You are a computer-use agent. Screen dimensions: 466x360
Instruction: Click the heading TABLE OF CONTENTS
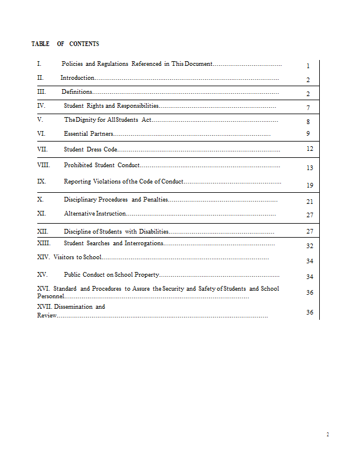point(65,44)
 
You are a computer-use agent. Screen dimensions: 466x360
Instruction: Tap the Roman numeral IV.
point(41,106)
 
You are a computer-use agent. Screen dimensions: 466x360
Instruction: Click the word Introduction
point(77,77)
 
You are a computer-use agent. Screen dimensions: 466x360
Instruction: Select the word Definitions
point(77,91)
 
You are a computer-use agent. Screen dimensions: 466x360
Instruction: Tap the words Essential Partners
point(89,134)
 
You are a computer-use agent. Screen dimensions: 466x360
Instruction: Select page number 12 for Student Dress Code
point(309,149)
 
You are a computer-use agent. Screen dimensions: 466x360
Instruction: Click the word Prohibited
point(78,165)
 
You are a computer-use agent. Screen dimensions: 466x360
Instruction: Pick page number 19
point(309,185)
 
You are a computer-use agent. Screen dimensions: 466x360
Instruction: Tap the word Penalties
point(156,200)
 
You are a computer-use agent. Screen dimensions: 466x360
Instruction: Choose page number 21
point(309,202)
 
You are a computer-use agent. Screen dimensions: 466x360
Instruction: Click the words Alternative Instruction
point(94,214)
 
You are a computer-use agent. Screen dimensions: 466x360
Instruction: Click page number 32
point(309,246)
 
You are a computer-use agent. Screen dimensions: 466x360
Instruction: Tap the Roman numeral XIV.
point(43,257)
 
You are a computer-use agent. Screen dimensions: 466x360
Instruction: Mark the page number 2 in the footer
point(327,435)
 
